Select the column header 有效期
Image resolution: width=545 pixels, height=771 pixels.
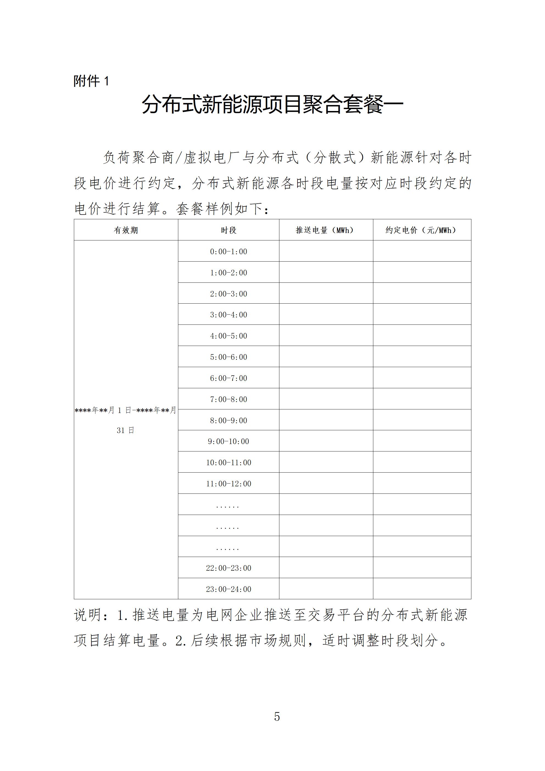[126, 230]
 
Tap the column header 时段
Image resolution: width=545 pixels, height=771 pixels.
[228, 230]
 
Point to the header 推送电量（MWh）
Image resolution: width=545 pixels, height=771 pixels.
[326, 230]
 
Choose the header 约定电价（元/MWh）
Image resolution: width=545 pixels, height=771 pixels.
[422, 230]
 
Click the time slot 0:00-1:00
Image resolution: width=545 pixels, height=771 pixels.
[228, 251]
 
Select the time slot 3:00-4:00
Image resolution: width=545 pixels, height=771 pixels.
[228, 315]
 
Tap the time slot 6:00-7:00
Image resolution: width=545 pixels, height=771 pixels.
[228, 378]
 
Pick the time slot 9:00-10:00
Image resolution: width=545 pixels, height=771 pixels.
[228, 441]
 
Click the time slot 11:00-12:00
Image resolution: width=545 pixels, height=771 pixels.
[228, 484]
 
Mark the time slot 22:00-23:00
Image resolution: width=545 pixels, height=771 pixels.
[228, 568]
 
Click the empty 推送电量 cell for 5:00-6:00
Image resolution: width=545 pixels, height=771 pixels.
[326, 357]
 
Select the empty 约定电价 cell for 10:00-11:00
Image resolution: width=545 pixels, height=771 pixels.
[422, 462]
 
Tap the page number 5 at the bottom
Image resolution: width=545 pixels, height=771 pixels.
[277, 717]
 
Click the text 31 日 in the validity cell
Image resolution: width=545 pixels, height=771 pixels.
[126, 430]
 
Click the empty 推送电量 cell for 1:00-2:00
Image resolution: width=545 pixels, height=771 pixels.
[326, 272]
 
